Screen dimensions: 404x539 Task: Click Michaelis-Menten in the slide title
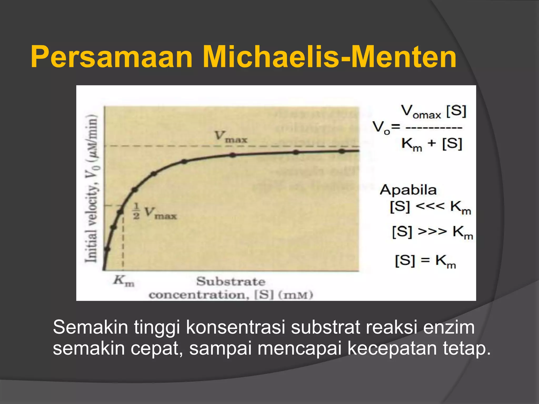(x=329, y=57)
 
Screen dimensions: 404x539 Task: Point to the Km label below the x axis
(x=124, y=281)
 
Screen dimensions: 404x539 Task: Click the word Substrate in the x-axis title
(x=231, y=282)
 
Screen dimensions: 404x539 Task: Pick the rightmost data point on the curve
(x=342, y=151)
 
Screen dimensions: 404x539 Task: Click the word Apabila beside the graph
(x=408, y=190)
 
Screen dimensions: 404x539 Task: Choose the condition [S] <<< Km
(x=430, y=207)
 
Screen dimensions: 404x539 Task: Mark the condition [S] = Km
(x=425, y=261)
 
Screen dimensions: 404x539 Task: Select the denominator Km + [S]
(x=432, y=144)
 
